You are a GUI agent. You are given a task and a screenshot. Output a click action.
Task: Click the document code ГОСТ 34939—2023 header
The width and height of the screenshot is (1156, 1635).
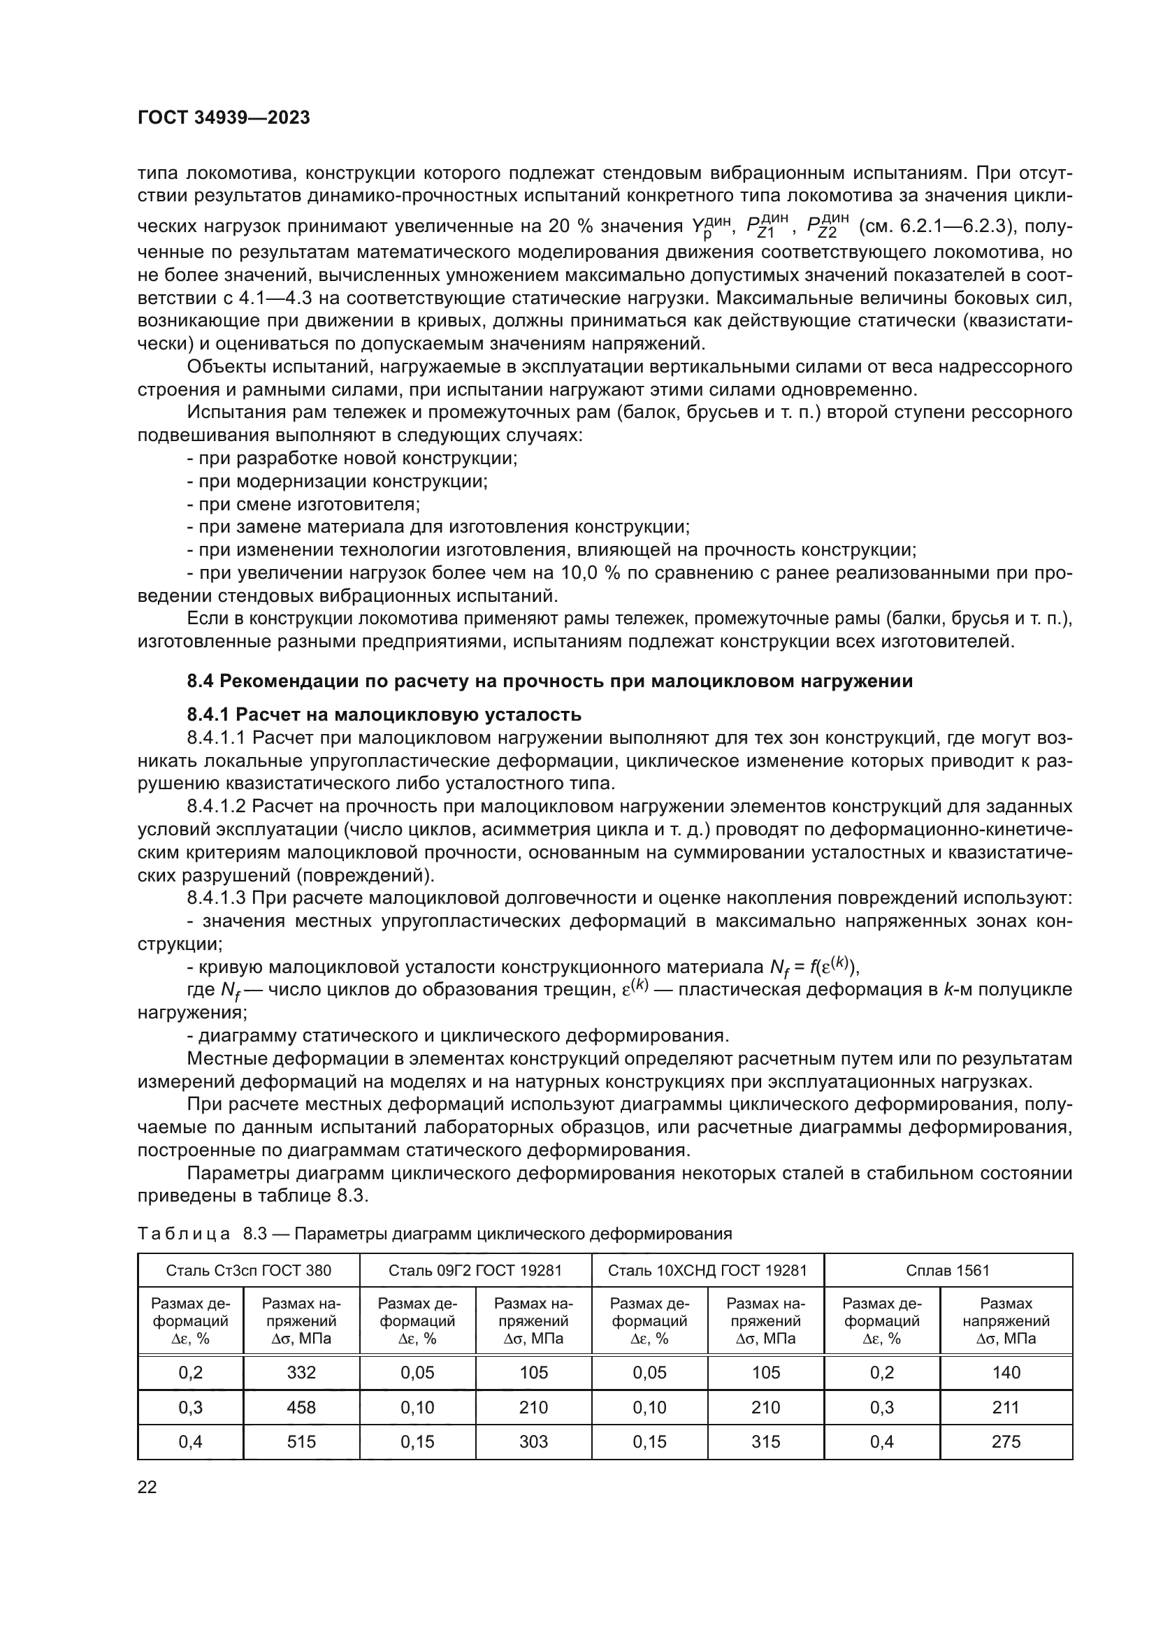coord(224,118)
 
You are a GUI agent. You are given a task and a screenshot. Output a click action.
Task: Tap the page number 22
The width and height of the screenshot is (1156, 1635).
coord(147,1488)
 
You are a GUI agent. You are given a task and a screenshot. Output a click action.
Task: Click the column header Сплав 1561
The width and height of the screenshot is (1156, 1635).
coord(948,1290)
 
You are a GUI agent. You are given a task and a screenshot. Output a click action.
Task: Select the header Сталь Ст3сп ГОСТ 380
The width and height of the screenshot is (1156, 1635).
coord(248,1290)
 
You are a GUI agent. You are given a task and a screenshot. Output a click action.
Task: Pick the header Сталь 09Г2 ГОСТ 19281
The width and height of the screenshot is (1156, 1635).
coord(475,1290)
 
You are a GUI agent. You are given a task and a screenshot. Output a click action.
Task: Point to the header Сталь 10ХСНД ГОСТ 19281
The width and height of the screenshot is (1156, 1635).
coord(707,1290)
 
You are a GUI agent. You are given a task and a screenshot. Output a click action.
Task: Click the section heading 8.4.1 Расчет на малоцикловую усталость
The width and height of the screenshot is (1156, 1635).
coord(384,714)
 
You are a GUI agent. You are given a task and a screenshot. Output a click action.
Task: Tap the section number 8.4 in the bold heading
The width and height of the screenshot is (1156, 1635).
coord(200,682)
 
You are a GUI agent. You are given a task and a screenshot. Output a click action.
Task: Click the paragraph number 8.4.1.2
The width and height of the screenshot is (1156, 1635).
coord(217,806)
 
